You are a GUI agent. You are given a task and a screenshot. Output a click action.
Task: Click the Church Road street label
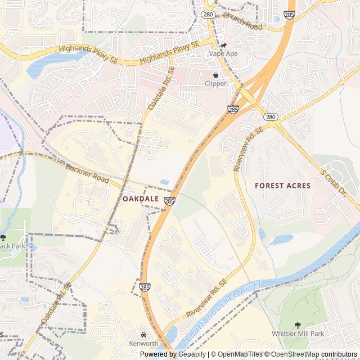242,22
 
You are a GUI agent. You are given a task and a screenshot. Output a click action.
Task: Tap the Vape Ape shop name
223,54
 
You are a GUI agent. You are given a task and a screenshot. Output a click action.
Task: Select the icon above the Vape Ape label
223,45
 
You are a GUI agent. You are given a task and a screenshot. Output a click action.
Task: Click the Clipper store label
215,84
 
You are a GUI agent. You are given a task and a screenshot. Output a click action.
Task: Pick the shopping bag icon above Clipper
215,75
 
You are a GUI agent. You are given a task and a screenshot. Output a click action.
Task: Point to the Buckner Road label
87,173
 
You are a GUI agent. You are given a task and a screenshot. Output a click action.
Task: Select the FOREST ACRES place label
282,186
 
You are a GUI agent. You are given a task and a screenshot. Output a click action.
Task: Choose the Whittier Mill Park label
298,334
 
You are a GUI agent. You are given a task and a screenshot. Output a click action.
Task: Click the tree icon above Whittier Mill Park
298,325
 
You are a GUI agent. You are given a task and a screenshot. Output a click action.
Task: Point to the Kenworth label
143,343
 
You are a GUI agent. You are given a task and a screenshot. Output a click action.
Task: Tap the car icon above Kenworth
143,335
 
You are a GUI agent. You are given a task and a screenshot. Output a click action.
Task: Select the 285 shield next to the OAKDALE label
169,201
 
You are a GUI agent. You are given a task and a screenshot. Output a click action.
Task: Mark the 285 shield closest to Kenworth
145,287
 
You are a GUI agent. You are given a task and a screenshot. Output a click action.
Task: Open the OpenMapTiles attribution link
240,354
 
